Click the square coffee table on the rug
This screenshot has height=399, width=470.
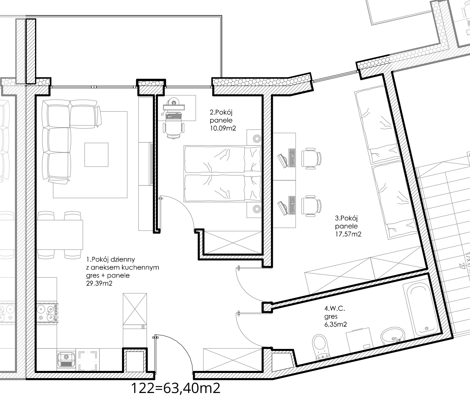coord(96,155)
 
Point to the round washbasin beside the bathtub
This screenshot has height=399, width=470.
coord(393,336)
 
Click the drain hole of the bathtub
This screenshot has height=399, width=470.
coord(427,329)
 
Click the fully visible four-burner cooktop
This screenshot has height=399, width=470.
coord(47,313)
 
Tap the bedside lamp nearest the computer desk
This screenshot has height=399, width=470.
coord(257,138)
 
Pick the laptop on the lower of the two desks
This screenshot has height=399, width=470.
coord(283,207)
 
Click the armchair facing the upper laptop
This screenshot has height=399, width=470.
coord(311,158)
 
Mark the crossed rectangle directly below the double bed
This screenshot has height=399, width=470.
coord(233,242)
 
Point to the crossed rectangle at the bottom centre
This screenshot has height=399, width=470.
coord(232,360)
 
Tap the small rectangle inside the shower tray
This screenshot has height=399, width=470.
coord(367,346)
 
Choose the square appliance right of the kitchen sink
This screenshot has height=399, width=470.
coord(89,360)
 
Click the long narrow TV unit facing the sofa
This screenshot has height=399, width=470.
coord(146,164)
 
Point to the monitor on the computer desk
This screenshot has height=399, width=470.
coord(173,107)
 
